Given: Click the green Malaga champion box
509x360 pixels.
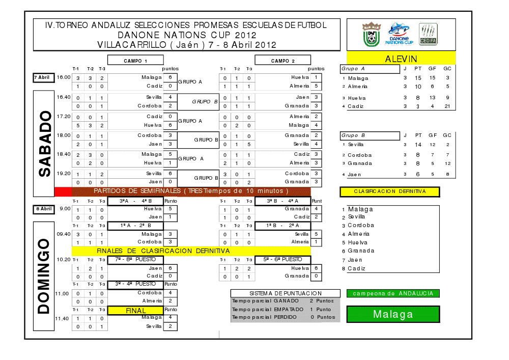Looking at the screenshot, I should coord(393,314).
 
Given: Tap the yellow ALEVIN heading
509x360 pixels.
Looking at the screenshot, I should coord(401,59).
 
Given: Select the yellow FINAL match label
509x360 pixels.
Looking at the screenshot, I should coord(135,310).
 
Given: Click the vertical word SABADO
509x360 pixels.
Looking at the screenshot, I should coord(45,144).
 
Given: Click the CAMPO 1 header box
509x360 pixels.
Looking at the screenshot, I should coord(135,61).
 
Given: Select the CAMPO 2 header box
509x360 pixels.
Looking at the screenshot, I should coord(282,61).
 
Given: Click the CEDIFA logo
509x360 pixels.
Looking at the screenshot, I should coord(428,34).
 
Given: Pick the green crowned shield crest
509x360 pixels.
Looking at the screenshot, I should coord(372,34).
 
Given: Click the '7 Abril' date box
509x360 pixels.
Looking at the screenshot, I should coord(42,77).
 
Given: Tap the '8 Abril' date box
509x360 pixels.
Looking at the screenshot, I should coord(42,208).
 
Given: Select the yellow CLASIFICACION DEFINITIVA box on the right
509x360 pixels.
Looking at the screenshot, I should coord(390,192).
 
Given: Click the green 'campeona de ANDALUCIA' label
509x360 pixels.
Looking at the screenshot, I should coord(393,293).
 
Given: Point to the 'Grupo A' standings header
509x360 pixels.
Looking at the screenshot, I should coord(370,69).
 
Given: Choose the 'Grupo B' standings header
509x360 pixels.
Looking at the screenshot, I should coord(370,136).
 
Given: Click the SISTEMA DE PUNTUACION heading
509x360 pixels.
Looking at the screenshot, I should coord(285,293).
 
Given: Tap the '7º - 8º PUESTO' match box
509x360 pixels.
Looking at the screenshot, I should coord(135,260).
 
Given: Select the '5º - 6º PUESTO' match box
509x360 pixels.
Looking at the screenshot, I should coord(282,260).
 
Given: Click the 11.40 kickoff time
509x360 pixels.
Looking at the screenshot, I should coord(62,318).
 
